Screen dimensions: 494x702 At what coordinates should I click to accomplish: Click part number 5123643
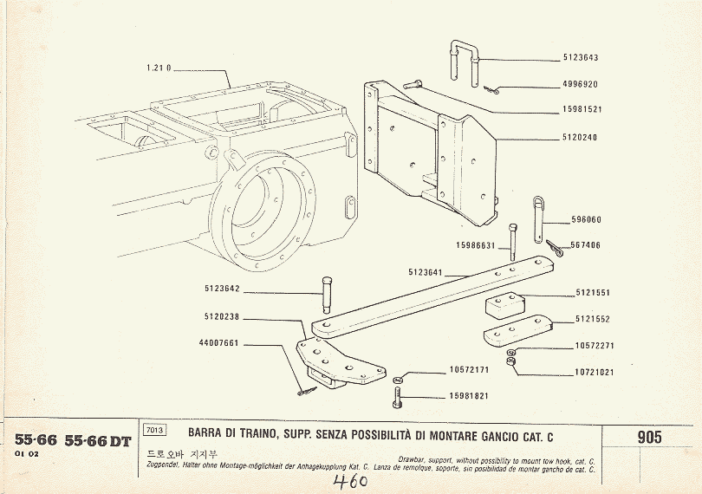(580, 58)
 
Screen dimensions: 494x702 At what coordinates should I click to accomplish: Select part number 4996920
(580, 85)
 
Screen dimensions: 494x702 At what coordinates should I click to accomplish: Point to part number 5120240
(580, 138)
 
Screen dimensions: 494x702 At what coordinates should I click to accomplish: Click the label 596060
(586, 220)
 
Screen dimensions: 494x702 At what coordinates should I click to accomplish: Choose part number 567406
(586, 245)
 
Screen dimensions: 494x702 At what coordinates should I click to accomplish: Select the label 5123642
(222, 289)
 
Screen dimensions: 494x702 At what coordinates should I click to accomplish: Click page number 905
(649, 437)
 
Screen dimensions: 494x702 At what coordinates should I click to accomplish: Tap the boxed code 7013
(155, 430)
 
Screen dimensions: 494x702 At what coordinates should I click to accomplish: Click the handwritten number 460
(350, 479)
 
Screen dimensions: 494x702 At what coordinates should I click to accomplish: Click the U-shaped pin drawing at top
(465, 61)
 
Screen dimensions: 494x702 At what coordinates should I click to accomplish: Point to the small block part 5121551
(502, 306)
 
